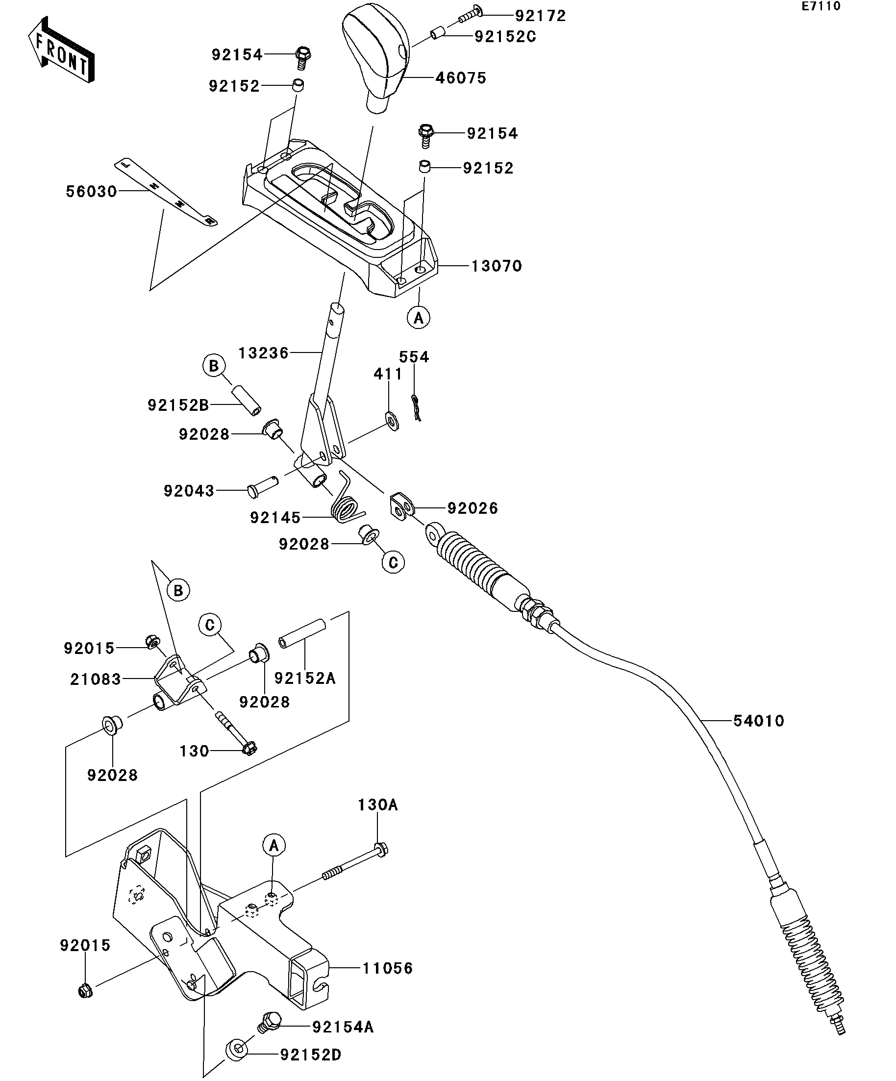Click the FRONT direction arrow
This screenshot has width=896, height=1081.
click(x=61, y=50)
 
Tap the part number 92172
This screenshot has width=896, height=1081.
click(x=540, y=16)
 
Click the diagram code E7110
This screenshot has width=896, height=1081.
click(x=821, y=6)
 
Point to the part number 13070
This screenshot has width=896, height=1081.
click(x=497, y=266)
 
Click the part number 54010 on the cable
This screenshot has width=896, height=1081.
click(x=759, y=721)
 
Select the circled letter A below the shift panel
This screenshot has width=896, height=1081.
click(x=419, y=318)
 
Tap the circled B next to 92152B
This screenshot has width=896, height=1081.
click(x=214, y=366)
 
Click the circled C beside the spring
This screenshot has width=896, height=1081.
click(x=393, y=563)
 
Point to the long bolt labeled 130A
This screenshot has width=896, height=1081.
click(x=354, y=863)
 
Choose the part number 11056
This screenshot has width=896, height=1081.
click(x=388, y=968)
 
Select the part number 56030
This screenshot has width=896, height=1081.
click(x=92, y=192)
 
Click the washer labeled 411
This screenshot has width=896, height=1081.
click(x=393, y=421)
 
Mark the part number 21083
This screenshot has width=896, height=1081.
click(x=96, y=679)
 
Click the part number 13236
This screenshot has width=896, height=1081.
click(x=264, y=353)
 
